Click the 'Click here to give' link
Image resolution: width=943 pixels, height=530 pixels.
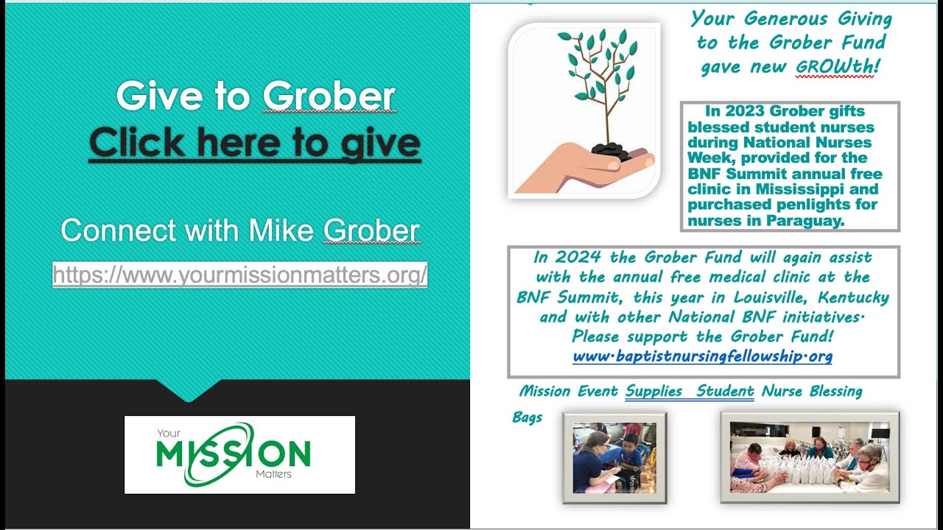[x=255, y=143]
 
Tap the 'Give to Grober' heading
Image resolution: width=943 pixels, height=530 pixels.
[x=255, y=96]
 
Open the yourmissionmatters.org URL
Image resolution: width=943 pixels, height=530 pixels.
[x=240, y=275]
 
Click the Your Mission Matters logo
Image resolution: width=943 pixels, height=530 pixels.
[x=239, y=454]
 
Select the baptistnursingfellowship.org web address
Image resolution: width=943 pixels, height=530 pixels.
[x=702, y=357]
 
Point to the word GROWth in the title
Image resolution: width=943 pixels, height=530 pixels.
[x=835, y=67]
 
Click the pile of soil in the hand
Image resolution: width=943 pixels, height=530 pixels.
[x=611, y=152]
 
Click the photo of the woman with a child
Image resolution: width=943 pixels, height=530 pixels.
[x=614, y=457]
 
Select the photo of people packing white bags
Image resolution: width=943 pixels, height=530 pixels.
[x=810, y=457]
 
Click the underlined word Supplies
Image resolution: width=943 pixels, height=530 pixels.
[x=653, y=391]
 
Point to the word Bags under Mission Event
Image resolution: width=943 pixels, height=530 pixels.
[x=527, y=417]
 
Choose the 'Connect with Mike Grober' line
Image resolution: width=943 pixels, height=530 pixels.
[x=240, y=230]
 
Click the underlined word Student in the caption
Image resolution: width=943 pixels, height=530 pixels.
[x=725, y=391]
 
